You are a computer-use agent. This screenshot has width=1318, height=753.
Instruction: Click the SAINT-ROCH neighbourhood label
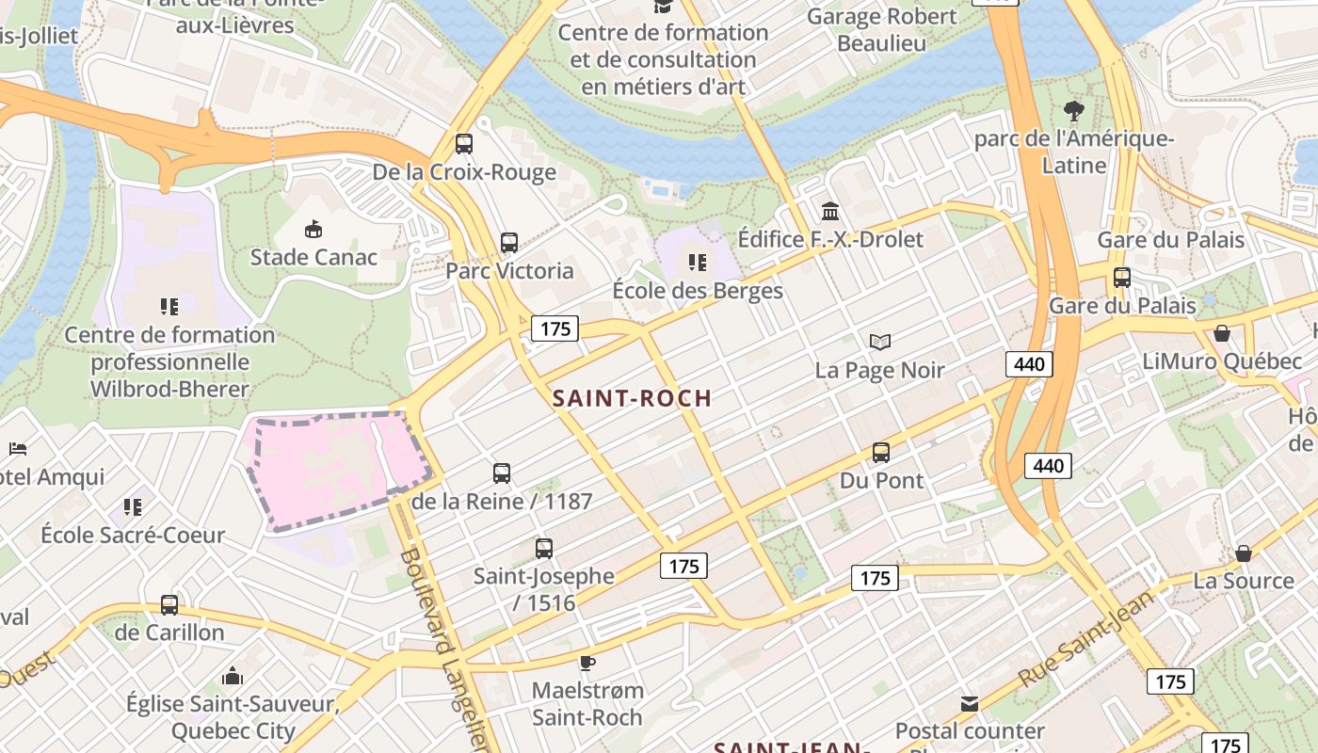tap(632, 398)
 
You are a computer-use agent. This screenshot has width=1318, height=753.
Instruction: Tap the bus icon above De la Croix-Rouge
tap(464, 144)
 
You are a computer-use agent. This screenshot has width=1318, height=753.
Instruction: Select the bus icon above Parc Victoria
tap(509, 243)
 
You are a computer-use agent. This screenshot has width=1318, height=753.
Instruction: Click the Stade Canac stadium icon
tap(313, 229)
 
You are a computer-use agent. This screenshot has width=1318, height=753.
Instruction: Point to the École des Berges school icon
tap(697, 262)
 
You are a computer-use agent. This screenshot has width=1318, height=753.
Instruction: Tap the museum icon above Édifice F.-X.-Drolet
tap(829, 211)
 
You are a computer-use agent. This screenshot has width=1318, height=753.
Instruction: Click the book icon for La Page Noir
tap(879, 342)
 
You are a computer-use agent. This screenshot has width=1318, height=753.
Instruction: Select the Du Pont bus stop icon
tap(881, 453)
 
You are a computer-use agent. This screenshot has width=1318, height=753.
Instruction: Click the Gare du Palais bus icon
tap(1121, 278)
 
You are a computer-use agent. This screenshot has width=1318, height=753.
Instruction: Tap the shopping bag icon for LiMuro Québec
tap(1222, 333)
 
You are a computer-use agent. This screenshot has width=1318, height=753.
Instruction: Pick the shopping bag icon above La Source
tap(1243, 553)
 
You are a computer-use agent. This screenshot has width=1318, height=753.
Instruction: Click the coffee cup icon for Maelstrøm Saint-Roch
tap(587, 663)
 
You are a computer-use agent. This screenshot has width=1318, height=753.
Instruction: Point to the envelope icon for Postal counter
tap(969, 703)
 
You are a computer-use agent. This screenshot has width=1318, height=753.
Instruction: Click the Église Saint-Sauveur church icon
tap(233, 675)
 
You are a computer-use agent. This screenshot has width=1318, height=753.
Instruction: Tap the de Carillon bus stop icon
tap(169, 604)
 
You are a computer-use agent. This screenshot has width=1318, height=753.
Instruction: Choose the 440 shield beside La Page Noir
tap(1028, 363)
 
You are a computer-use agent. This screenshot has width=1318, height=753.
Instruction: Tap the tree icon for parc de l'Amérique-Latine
tap(1073, 111)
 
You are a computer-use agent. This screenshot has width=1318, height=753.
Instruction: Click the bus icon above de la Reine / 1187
tap(502, 473)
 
